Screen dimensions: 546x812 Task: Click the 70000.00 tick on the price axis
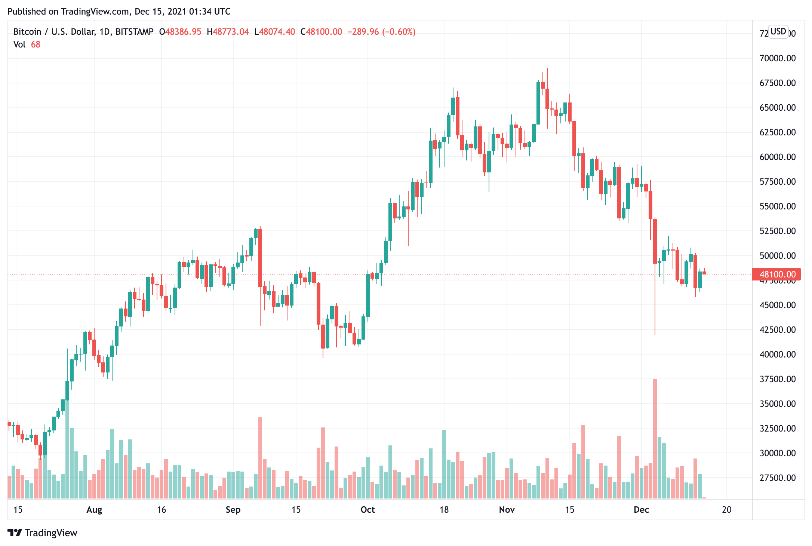coord(777,58)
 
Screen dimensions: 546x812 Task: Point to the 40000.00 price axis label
coord(777,354)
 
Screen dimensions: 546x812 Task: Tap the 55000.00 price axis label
coord(777,206)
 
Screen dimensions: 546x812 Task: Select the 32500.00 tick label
coord(777,428)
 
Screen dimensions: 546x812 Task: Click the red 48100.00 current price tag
coord(776,274)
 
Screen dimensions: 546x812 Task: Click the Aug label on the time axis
coord(94,510)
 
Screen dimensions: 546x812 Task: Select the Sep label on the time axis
coord(233,510)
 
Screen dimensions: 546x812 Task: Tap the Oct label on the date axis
coord(367,510)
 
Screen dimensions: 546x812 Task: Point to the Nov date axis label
coord(507,510)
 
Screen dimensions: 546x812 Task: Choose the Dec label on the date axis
coord(641,510)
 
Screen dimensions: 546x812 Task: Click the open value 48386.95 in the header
coord(183,32)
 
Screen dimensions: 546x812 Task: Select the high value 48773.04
coord(231,32)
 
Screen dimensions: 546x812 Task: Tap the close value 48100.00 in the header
coord(324,32)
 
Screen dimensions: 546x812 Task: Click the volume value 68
coord(36,45)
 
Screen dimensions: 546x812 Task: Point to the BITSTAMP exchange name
coord(134,32)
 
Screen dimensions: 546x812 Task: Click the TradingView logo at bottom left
coord(42,533)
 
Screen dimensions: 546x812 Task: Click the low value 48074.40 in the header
coord(277,32)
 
